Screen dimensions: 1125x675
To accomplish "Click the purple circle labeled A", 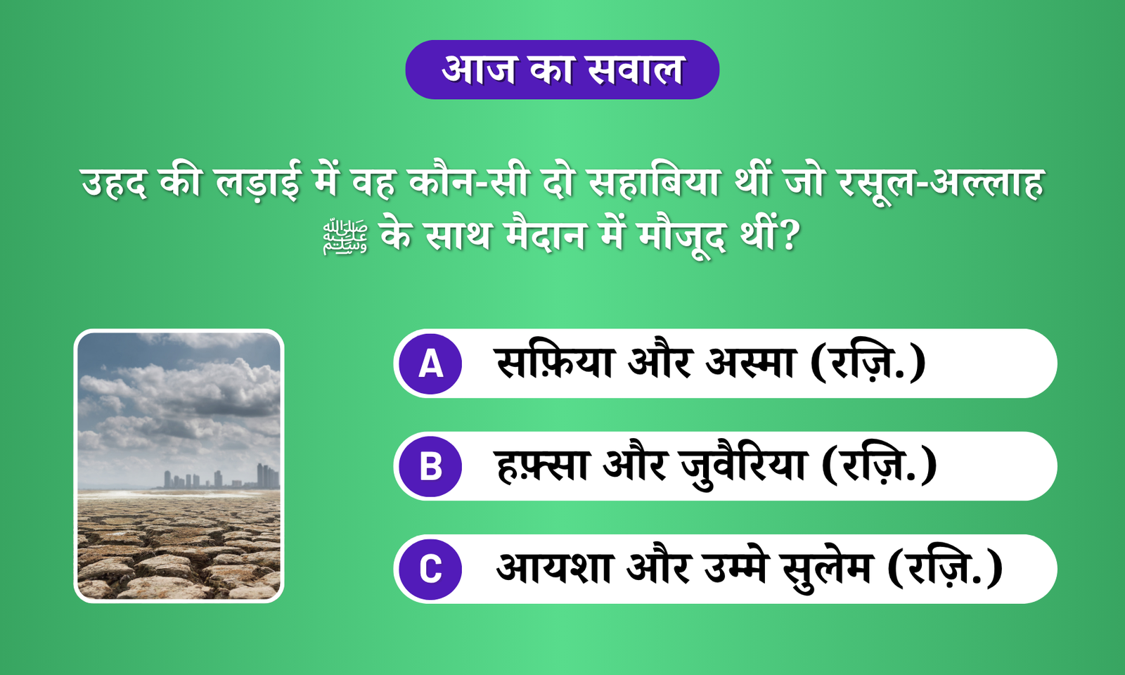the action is click(430, 364).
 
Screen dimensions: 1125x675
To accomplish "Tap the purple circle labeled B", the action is click(430, 466).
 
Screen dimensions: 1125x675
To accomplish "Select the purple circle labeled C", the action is click(430, 569).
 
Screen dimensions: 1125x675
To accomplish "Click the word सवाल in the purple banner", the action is click(636, 70).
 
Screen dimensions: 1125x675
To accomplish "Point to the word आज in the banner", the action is click(480, 70).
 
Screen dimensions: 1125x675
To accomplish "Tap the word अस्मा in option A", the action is click(750, 363).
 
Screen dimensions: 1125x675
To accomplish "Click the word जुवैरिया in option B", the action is click(743, 466).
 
